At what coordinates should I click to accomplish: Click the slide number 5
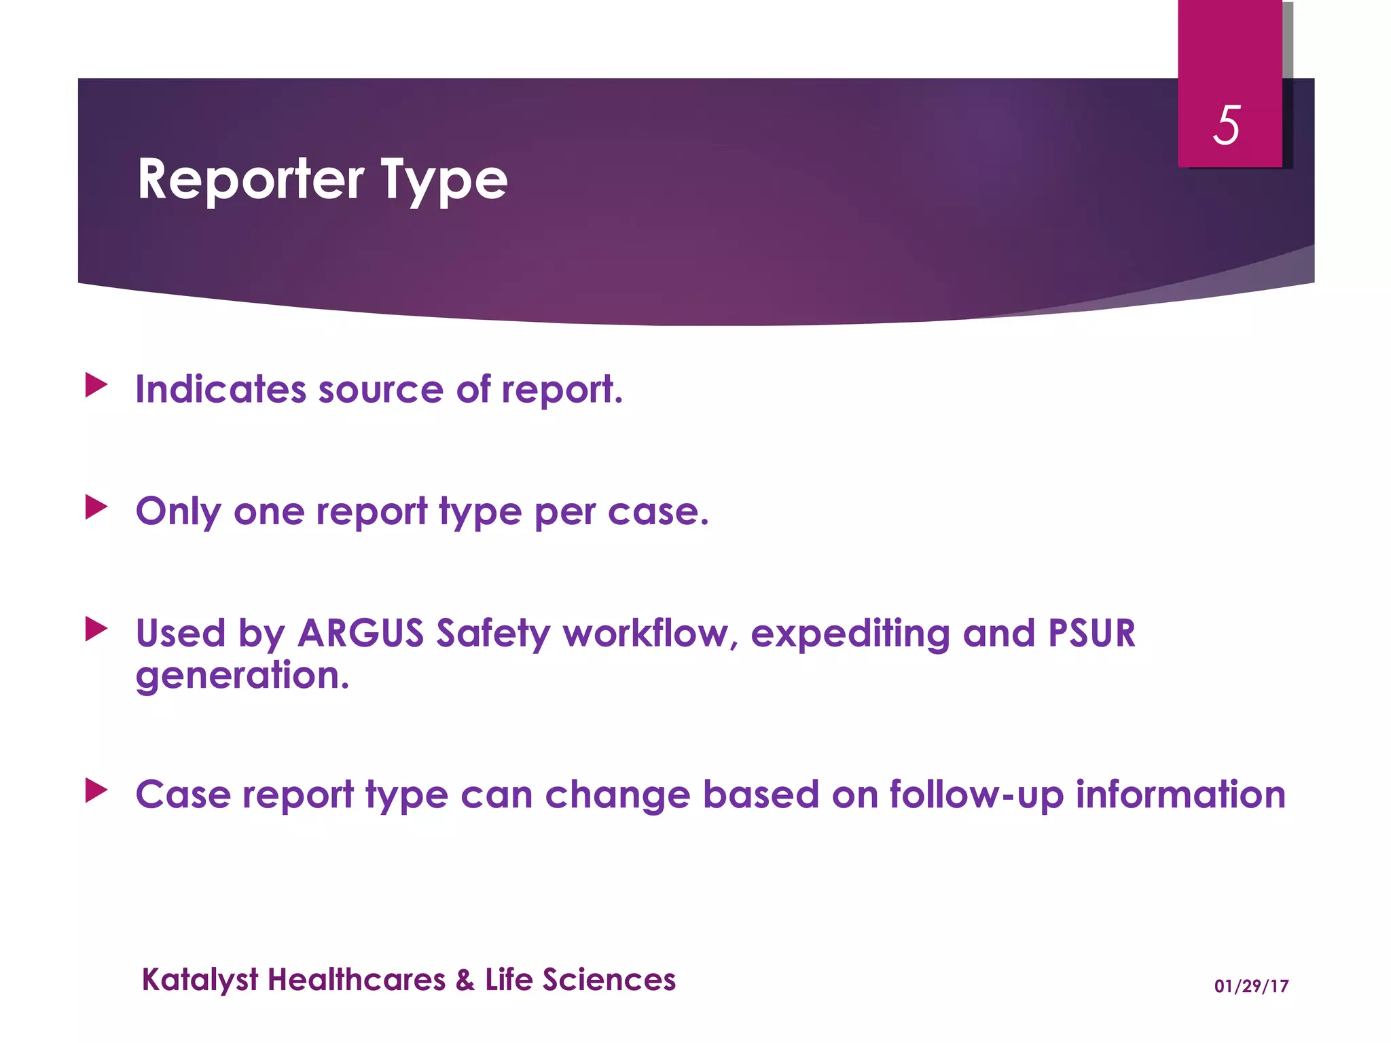click(1227, 126)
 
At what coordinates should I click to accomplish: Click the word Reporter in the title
click(251, 180)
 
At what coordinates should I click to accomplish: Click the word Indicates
click(221, 390)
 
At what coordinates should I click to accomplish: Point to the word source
click(380, 390)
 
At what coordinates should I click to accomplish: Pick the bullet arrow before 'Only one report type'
click(96, 507)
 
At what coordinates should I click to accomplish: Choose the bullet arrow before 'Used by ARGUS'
click(96, 629)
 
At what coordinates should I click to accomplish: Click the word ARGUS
click(361, 634)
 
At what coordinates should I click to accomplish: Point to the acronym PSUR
click(1091, 634)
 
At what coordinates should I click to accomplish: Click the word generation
click(242, 676)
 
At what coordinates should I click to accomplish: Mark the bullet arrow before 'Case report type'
click(96, 790)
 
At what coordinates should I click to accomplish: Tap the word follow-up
click(976, 795)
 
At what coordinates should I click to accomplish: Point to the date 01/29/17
click(1251, 986)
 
